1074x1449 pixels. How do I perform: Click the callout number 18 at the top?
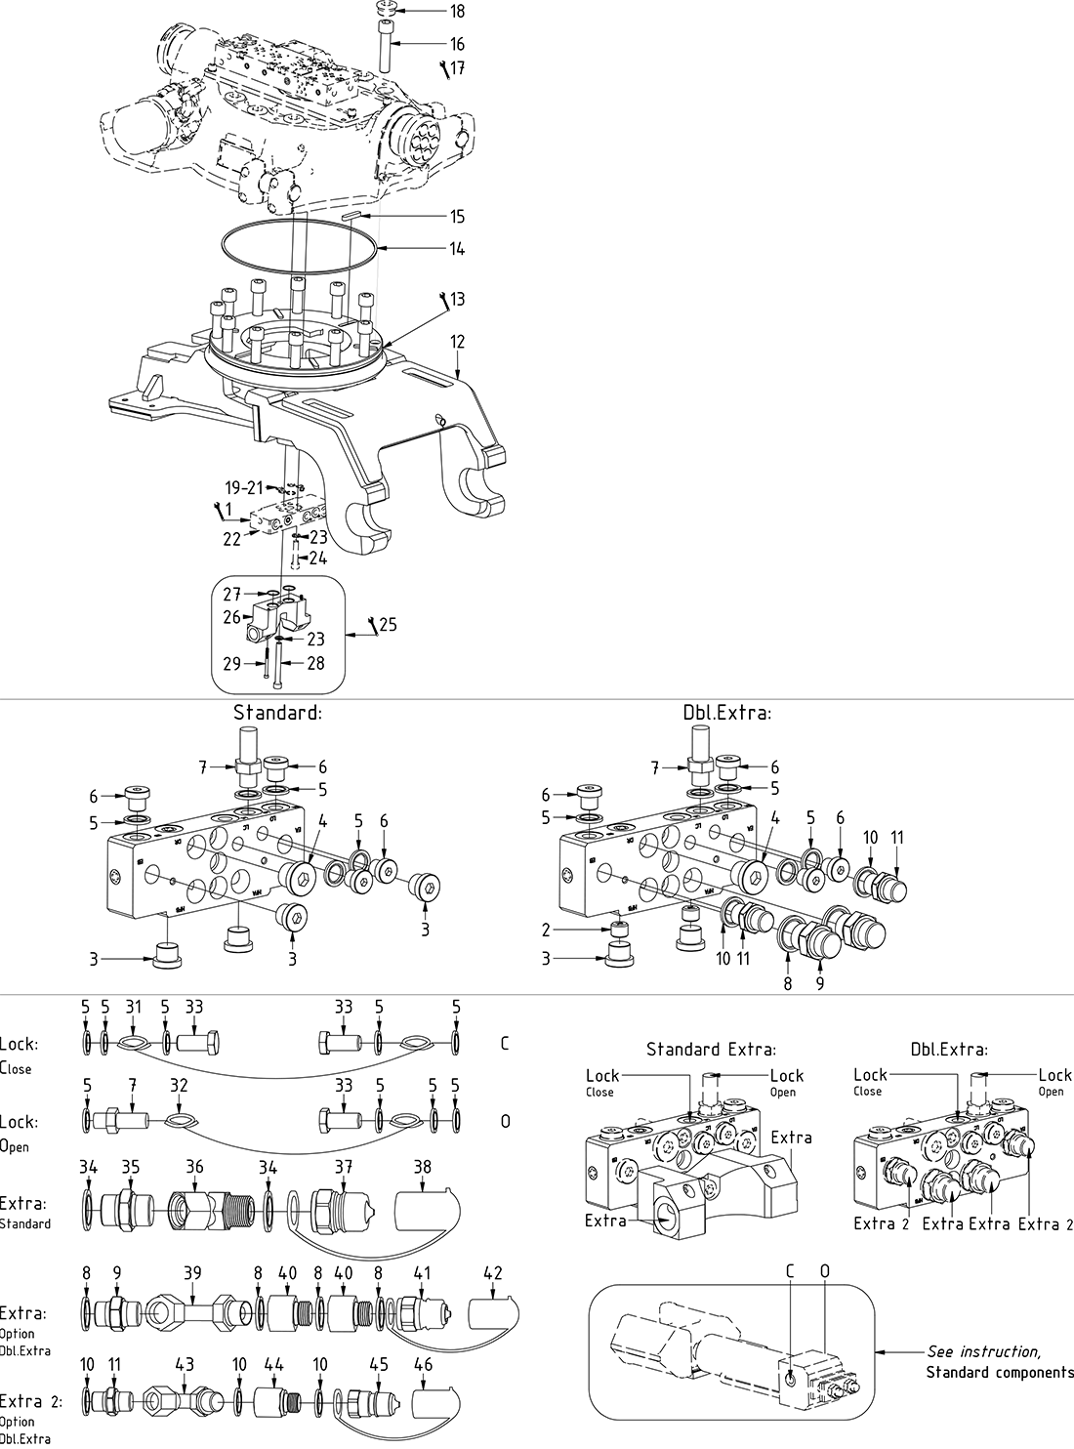click(457, 12)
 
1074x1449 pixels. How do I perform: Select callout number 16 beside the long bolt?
click(457, 44)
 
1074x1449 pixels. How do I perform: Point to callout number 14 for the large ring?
click(457, 249)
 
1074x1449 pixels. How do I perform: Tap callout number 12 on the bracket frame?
click(457, 342)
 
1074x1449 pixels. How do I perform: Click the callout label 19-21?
click(244, 487)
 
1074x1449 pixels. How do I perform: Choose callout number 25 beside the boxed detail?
click(388, 624)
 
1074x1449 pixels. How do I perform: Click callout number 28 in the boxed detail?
click(314, 664)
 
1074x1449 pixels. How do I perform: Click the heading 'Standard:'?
click(277, 713)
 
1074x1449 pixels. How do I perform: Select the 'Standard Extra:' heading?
click(711, 1050)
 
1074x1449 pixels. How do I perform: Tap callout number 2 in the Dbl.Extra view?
click(548, 931)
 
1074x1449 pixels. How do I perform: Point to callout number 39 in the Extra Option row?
click(192, 1272)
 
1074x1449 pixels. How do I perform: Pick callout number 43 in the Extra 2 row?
click(183, 1363)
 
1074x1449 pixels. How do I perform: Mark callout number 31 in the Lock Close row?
click(133, 1007)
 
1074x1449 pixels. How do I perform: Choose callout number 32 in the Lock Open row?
click(179, 1084)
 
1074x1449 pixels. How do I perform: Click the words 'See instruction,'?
click(983, 1351)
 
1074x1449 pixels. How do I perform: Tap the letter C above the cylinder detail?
click(791, 1271)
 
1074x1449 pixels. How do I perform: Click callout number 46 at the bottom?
click(423, 1363)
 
